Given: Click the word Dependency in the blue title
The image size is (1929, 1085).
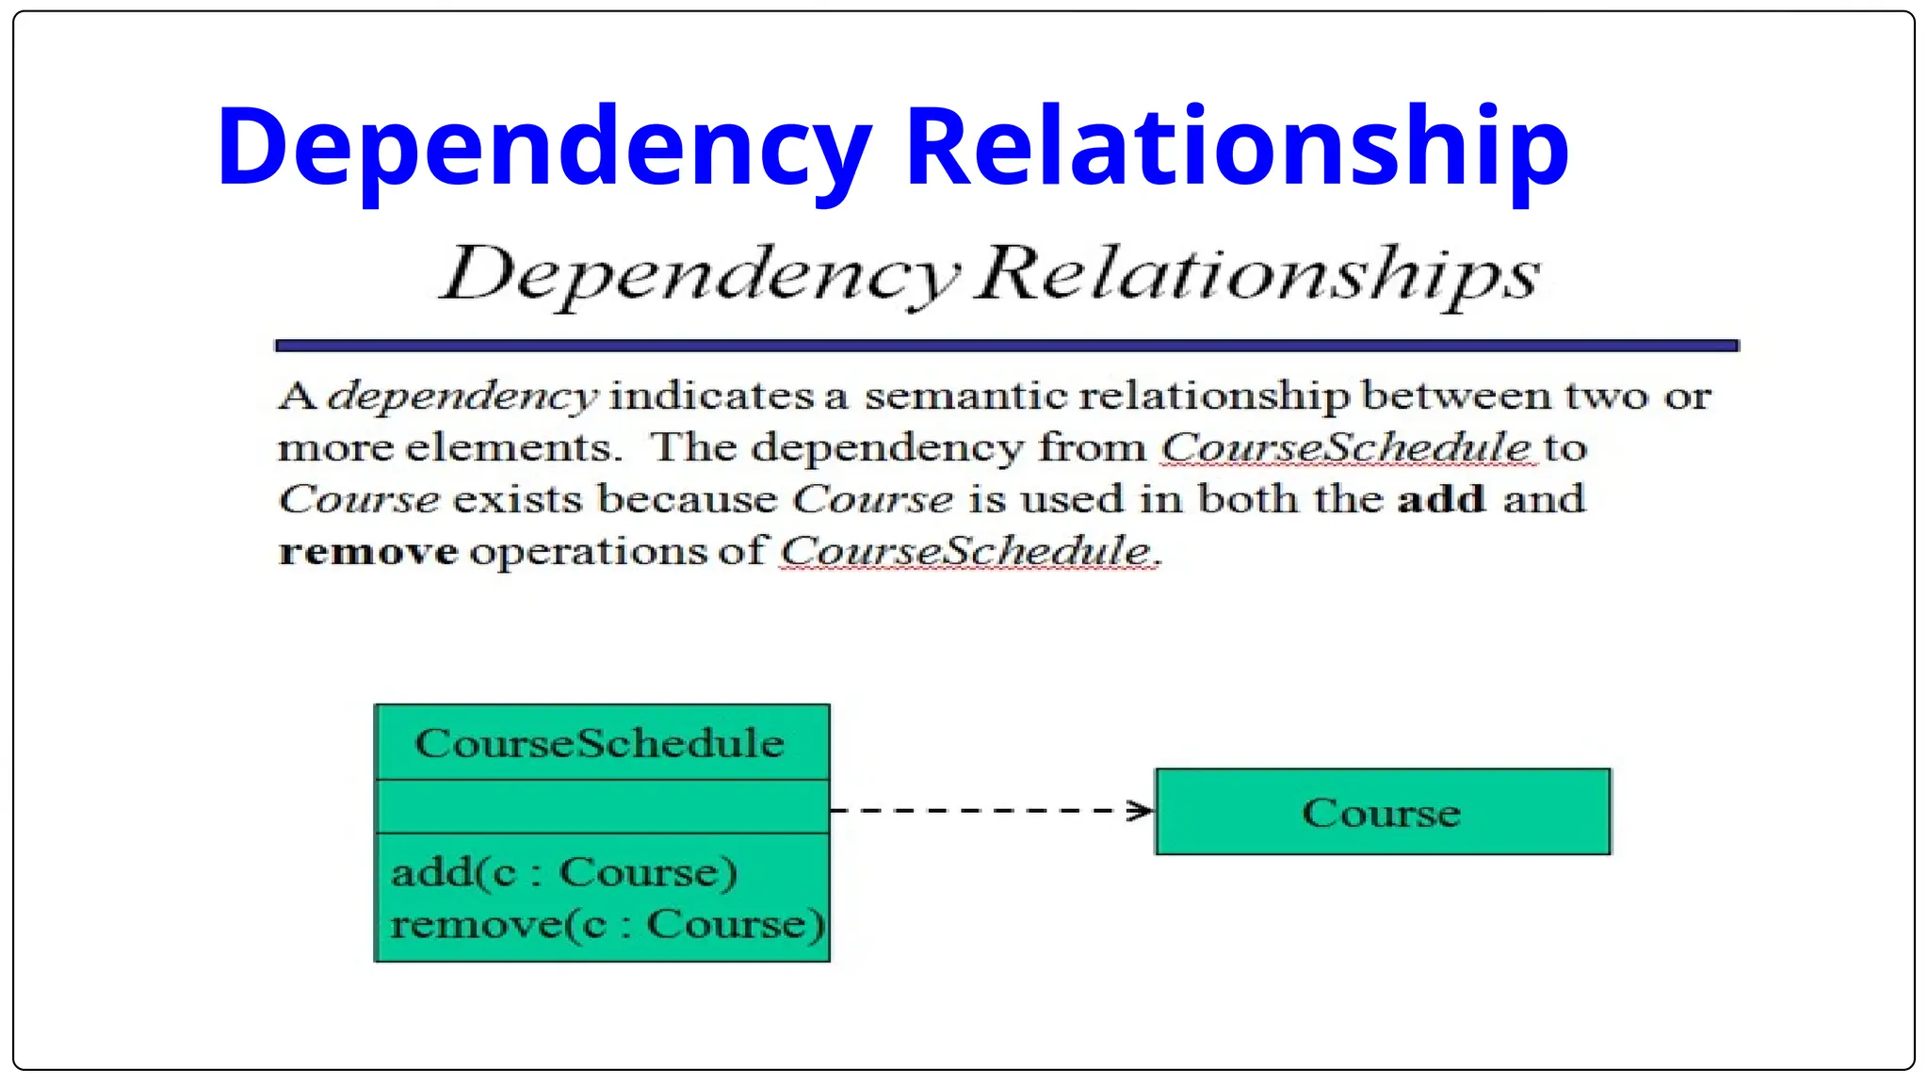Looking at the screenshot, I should (544, 149).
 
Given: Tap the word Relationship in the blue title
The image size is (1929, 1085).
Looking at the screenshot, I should (1236, 147).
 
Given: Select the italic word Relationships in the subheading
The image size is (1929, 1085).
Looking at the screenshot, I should (1258, 275).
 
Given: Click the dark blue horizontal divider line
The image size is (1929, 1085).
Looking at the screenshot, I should (1006, 346).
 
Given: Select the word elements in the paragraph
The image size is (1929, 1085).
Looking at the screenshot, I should (514, 447).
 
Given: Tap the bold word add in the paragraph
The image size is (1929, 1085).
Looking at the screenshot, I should (1441, 499).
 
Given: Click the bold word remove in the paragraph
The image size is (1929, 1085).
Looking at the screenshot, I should (368, 551).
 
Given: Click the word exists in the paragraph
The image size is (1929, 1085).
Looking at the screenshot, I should (521, 499).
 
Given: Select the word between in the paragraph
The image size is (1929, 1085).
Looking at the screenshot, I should (1456, 397).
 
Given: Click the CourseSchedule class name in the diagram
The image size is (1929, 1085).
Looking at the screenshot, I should (600, 743).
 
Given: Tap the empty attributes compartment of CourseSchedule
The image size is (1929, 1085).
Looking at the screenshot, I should (602, 806).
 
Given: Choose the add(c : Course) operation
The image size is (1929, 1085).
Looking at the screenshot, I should (563, 872).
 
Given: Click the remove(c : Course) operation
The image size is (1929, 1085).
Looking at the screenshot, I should (607, 924).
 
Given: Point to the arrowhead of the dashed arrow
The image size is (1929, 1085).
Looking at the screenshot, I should (1143, 810).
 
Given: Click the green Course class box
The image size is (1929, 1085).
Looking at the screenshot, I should (1382, 812).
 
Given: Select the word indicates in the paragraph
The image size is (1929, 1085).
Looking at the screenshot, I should (711, 397).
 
